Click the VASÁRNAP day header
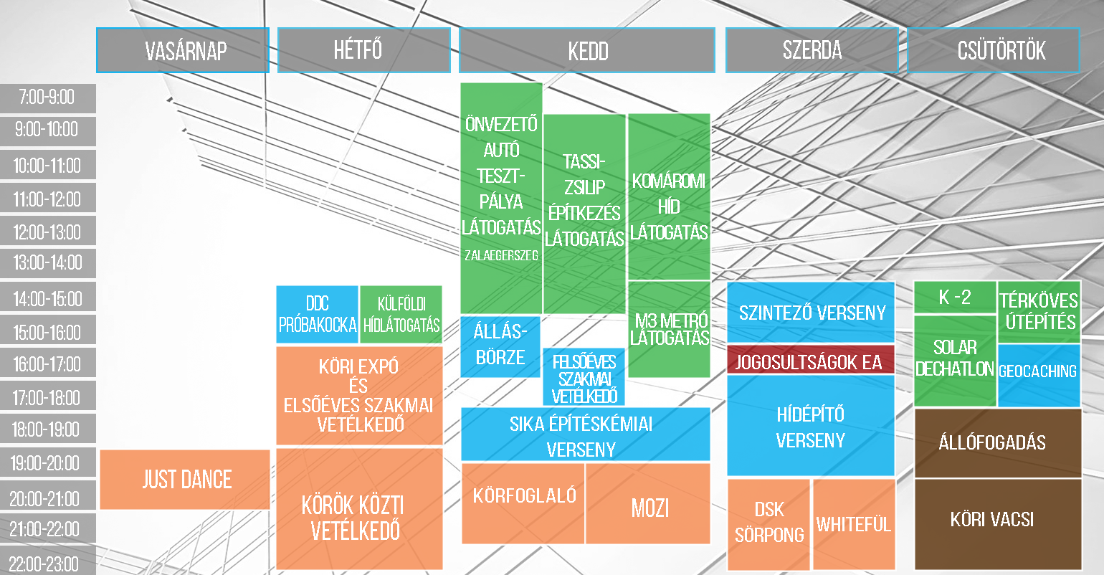pyautogui.click(x=183, y=50)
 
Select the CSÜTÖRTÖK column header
pyautogui.click(x=993, y=50)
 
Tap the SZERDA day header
pyautogui.click(x=812, y=50)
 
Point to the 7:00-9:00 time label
pyautogui.click(x=48, y=98)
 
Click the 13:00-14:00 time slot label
pyautogui.click(x=48, y=262)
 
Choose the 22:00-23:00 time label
pyautogui.click(x=48, y=561)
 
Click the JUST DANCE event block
pyautogui.click(x=185, y=480)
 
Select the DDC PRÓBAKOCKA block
pyautogui.click(x=317, y=314)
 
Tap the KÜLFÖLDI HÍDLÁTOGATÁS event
pyautogui.click(x=401, y=314)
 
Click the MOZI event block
pyautogui.click(x=649, y=503)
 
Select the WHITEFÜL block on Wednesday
pyautogui.click(x=854, y=524)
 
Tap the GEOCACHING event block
pyautogui.click(x=1039, y=375)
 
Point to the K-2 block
pyautogui.click(x=955, y=297)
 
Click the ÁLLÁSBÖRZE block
pyautogui.click(x=500, y=347)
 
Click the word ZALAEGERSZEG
pyautogui.click(x=501, y=255)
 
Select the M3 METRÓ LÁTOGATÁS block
pyautogui.click(x=670, y=329)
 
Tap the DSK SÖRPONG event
pyautogui.click(x=768, y=524)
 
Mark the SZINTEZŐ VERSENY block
pyautogui.click(x=811, y=312)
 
